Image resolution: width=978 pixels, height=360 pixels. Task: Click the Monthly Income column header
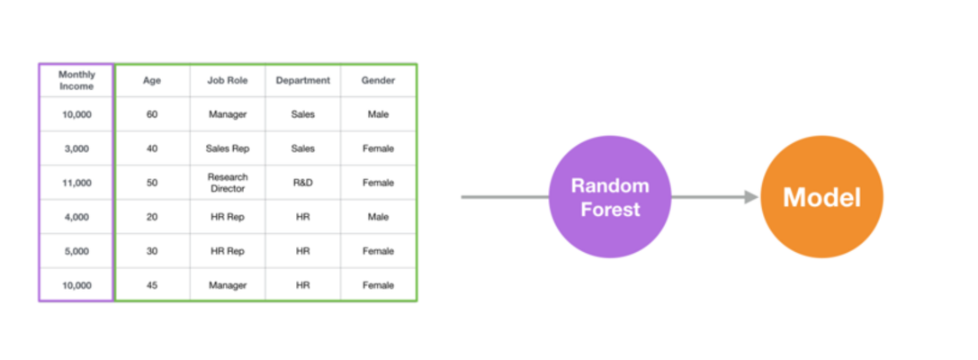(x=76, y=80)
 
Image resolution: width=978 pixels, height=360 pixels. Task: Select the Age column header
(x=152, y=80)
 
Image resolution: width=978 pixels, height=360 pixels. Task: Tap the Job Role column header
(x=227, y=80)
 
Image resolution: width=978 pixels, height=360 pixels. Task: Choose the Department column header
(x=302, y=80)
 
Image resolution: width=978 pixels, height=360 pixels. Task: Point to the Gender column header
(x=379, y=80)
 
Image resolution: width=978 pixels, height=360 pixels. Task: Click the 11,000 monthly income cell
(x=76, y=183)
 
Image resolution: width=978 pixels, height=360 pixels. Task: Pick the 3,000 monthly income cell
(x=76, y=148)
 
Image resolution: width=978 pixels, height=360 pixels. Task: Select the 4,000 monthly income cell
(x=76, y=217)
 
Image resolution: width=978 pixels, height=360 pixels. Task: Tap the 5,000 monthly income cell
(x=76, y=251)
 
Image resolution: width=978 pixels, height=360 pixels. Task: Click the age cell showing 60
(x=152, y=114)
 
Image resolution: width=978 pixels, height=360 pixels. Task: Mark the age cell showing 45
(x=152, y=285)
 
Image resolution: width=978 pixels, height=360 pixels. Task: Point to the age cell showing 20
(x=152, y=217)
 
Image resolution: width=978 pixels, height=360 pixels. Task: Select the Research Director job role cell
(x=227, y=183)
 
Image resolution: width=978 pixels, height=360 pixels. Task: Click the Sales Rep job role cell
(x=227, y=148)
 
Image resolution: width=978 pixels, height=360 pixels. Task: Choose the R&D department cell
(x=302, y=183)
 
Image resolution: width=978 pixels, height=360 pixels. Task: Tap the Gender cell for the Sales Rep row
(x=379, y=148)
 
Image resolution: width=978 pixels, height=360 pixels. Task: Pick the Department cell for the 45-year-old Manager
(x=302, y=285)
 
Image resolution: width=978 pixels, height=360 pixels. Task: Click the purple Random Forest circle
(x=609, y=197)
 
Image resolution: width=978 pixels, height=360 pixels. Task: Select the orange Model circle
(x=821, y=197)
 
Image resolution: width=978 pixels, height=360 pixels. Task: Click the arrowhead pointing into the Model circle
(x=751, y=197)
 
